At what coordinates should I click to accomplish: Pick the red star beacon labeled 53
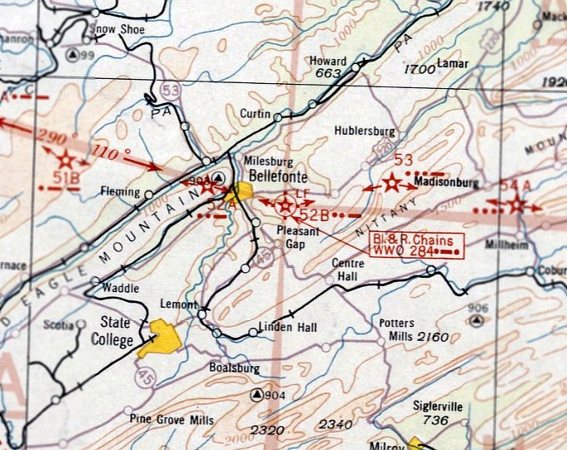click(390, 184)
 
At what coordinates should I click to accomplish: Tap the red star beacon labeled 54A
click(516, 205)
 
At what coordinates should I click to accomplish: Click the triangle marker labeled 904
click(257, 394)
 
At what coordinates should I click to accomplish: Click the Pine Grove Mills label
click(172, 419)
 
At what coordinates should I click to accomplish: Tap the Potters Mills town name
click(401, 330)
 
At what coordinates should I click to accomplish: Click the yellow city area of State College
click(163, 338)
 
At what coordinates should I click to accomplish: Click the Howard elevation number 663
click(328, 74)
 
